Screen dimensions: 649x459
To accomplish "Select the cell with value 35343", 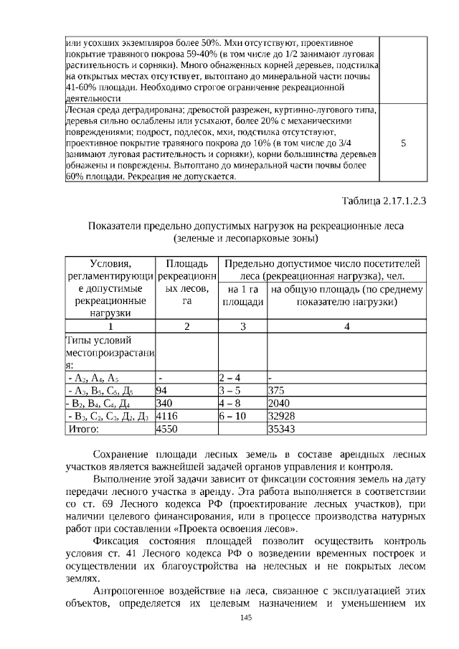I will coord(280,430).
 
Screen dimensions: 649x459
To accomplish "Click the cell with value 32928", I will coord(280,417).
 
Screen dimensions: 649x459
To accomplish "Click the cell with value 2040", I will coord(278,404).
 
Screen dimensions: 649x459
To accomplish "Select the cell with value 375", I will coord(276,391).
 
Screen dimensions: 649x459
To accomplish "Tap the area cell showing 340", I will coord(165,404).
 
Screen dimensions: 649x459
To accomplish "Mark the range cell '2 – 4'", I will coord(229,378).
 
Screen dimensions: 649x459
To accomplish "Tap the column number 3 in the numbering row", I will coord(242,326).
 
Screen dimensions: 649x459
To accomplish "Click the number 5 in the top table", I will coord(403,143).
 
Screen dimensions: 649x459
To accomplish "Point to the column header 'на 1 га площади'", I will coord(242,295).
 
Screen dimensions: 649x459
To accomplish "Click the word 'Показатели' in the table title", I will coord(115,226).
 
